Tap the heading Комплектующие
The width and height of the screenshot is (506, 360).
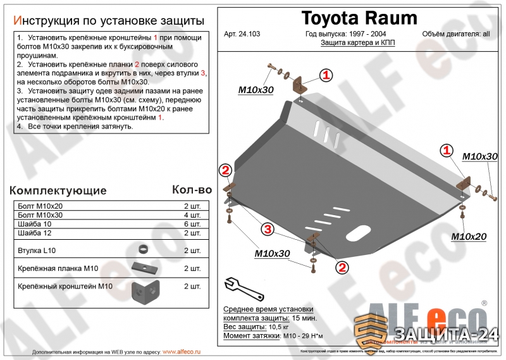click(58, 190)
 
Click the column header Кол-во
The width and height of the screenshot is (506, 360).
click(192, 189)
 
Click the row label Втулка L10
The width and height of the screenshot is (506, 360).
click(37, 251)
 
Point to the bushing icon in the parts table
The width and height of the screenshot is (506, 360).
click(144, 248)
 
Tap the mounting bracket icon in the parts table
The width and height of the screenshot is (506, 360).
click(144, 291)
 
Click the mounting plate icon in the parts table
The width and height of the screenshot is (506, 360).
click(144, 268)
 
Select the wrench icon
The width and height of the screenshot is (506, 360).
click(237, 286)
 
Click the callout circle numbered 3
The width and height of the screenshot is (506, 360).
click(268, 228)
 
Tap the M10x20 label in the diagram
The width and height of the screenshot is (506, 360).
click(469, 237)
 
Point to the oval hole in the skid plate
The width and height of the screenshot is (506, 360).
click(357, 233)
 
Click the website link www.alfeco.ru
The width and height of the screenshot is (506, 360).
click(182, 352)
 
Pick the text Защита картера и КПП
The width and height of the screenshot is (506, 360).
click(357, 43)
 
